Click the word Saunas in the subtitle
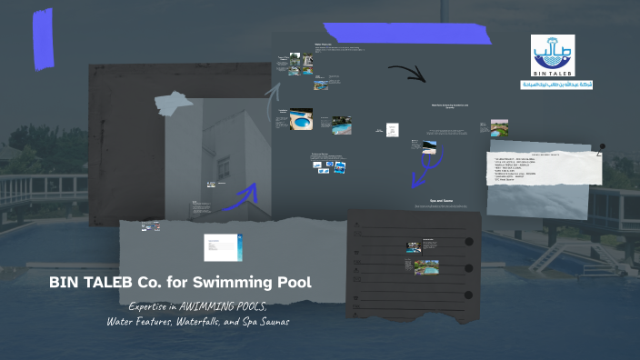point(270,321)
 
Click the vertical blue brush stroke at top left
point(42,41)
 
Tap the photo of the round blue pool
point(301,119)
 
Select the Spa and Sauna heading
point(441,200)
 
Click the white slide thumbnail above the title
point(223,246)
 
